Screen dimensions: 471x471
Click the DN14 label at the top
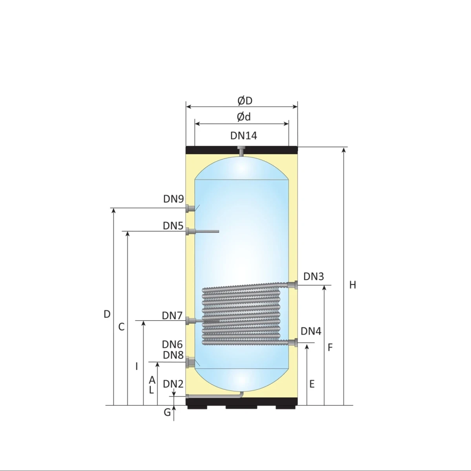click(244, 136)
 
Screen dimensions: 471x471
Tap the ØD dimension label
click(245, 101)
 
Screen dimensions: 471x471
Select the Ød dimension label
click(244, 117)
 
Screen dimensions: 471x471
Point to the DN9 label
click(173, 199)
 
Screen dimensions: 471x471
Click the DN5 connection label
click(173, 226)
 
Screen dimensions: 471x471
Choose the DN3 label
click(314, 276)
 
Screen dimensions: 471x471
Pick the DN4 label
click(311, 331)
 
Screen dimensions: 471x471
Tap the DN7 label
click(172, 316)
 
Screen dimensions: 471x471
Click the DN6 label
click(172, 345)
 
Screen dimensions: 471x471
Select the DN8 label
click(173, 355)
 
